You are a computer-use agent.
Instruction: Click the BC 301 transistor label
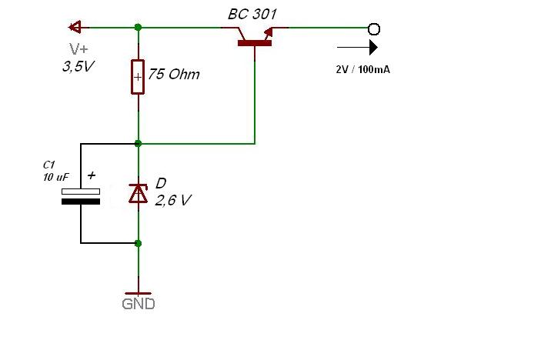(252, 14)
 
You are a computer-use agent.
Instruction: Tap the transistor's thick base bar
(255, 43)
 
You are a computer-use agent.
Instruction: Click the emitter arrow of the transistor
(269, 33)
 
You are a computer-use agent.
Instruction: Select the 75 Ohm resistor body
(138, 77)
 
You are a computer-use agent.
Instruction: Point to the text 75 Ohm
(174, 74)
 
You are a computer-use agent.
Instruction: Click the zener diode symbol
(138, 193)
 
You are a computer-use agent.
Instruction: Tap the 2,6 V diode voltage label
(173, 200)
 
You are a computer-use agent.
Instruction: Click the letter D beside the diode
(161, 183)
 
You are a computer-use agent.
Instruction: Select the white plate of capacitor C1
(81, 192)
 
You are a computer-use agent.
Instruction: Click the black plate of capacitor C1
(81, 202)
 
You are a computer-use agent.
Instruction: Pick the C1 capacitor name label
(49, 165)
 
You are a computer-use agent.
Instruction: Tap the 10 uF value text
(56, 177)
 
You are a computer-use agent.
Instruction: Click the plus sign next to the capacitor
(91, 175)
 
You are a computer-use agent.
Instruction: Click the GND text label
(139, 304)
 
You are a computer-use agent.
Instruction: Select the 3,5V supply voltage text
(78, 66)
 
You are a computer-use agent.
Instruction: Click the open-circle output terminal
(374, 29)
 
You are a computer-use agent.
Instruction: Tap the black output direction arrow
(357, 47)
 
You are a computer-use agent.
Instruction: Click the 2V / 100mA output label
(363, 70)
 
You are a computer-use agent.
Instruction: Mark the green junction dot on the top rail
(138, 27)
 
